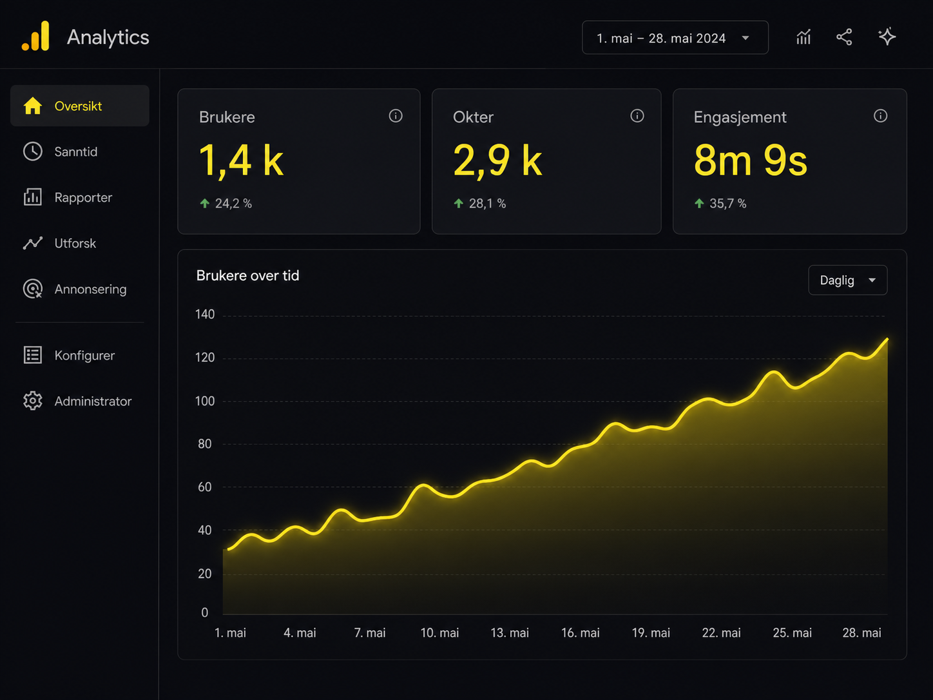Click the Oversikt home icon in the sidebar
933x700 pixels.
coord(33,106)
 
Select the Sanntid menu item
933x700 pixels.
coord(75,151)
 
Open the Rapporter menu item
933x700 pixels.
coord(83,198)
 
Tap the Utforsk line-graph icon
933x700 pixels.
coord(33,243)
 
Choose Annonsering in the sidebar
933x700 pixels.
coord(90,289)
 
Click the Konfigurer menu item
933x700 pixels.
coord(84,355)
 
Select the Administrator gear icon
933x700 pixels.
coord(33,401)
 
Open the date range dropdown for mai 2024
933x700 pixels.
coord(675,38)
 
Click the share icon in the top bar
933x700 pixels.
coord(844,37)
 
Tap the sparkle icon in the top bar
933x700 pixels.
coord(887,37)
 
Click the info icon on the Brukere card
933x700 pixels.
coord(396,116)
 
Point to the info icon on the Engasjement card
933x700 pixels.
coord(880,116)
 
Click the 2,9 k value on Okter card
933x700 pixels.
coord(497,160)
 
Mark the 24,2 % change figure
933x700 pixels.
coord(233,204)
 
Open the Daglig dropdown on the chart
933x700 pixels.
coord(847,280)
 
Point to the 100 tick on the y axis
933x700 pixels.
coord(205,401)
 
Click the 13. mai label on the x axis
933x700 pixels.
coord(510,633)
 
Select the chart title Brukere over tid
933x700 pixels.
coord(248,276)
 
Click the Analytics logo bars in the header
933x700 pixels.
coord(35,36)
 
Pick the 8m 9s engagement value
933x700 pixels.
coord(750,160)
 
